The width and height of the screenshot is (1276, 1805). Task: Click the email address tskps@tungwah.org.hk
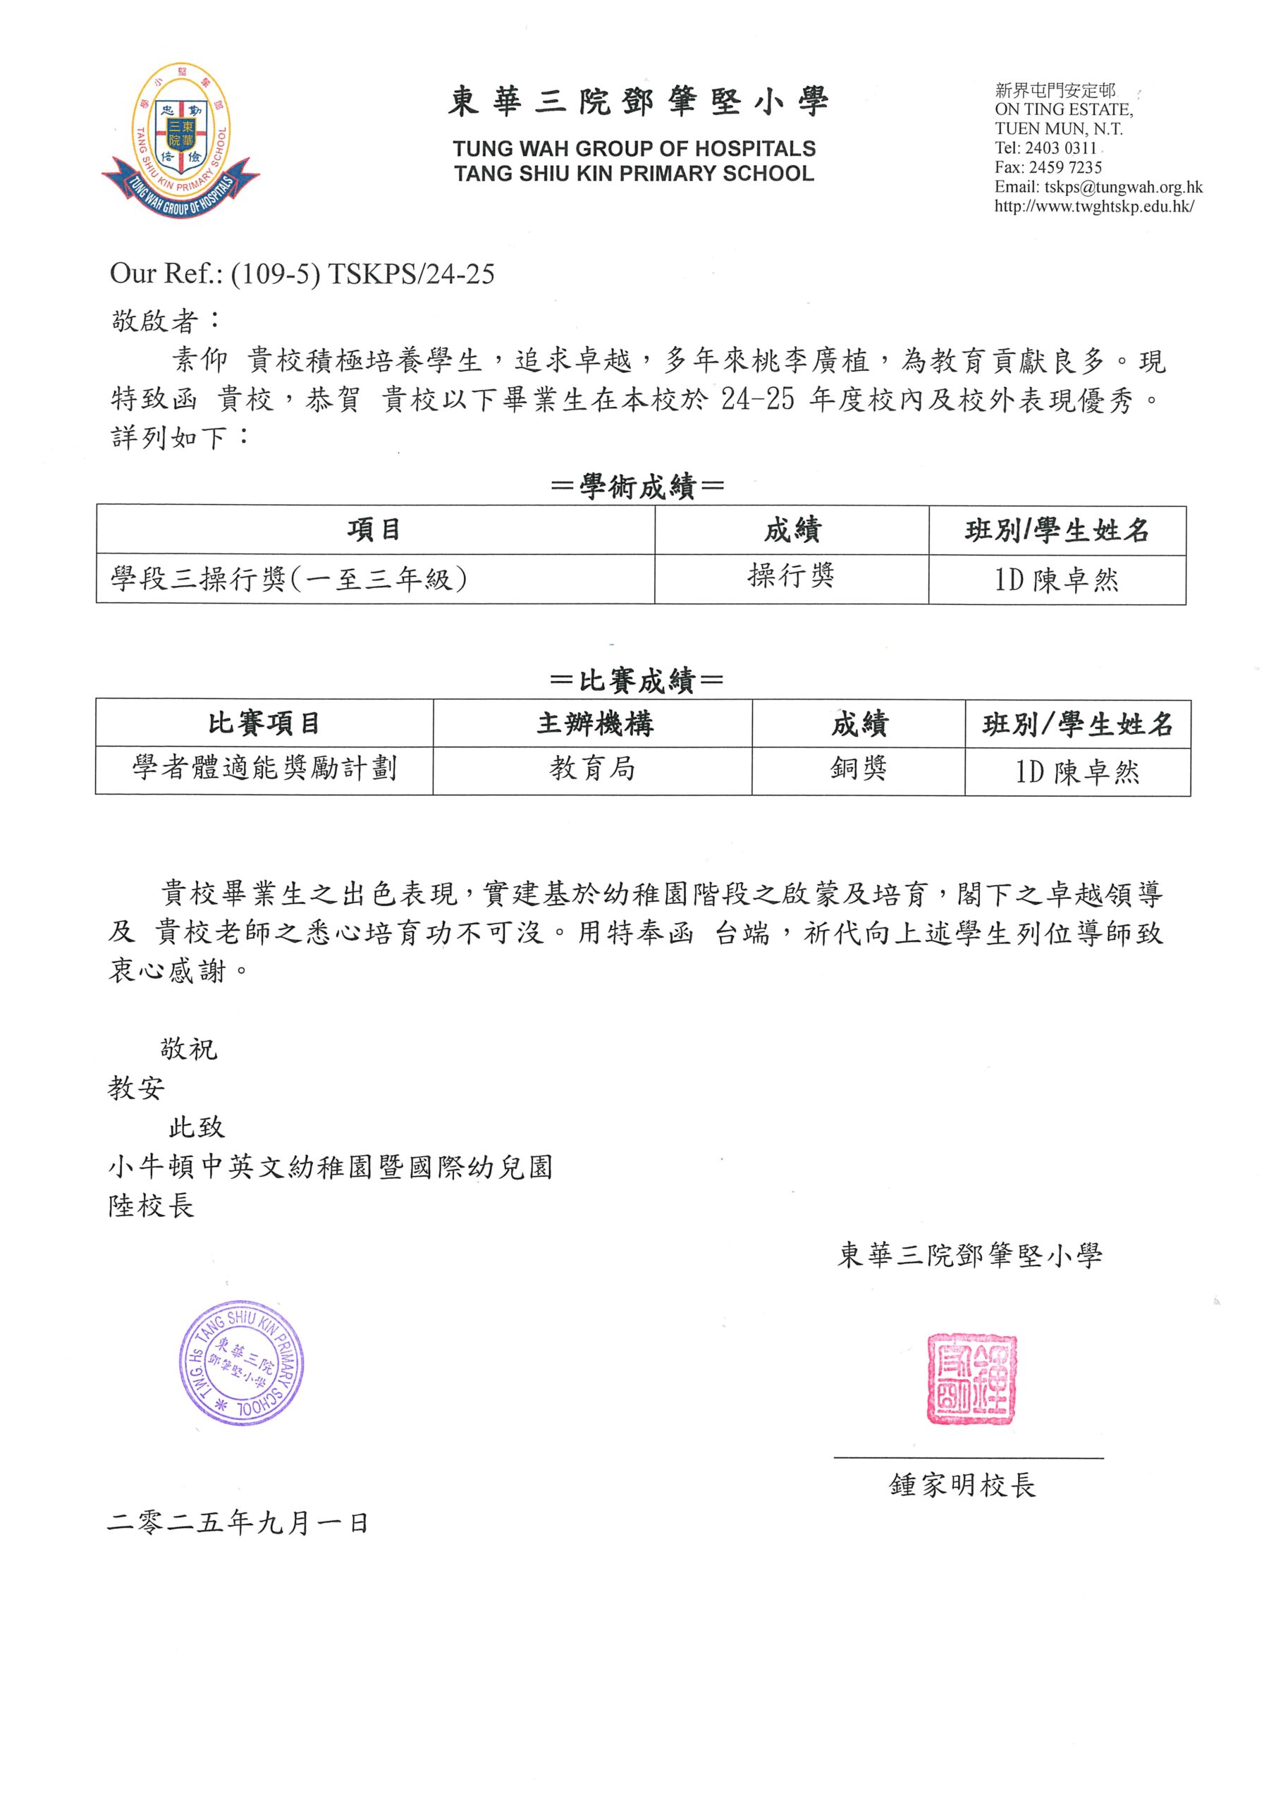click(1123, 187)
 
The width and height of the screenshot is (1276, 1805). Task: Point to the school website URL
click(1094, 207)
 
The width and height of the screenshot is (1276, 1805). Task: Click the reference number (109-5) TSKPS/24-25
click(362, 274)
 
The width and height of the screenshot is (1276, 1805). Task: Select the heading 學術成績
click(637, 487)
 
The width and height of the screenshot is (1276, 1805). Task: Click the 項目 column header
click(374, 530)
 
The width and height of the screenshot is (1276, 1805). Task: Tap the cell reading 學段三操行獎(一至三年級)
click(289, 580)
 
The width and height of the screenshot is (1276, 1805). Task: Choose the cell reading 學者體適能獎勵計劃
click(264, 768)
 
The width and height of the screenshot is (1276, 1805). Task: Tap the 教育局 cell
click(593, 768)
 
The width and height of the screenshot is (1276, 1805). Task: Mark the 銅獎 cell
click(859, 768)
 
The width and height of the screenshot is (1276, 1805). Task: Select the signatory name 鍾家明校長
click(962, 1485)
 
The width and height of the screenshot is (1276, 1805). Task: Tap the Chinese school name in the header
click(637, 102)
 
